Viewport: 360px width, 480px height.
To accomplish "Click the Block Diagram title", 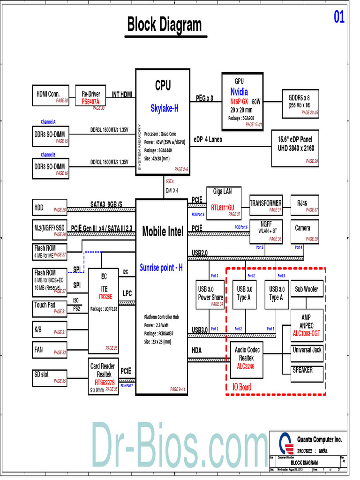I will click(x=164, y=25).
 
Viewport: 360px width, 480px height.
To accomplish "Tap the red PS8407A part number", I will click(x=94, y=102).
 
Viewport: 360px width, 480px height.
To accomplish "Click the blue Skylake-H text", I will click(x=164, y=109).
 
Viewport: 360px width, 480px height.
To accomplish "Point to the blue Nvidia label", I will click(x=239, y=92).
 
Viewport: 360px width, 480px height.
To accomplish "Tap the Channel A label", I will click(x=48, y=122).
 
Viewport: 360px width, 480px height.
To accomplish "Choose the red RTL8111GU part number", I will click(x=222, y=207).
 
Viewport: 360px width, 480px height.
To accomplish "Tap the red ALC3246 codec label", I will click(x=246, y=367).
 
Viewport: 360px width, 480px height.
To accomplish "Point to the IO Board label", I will click(x=241, y=387).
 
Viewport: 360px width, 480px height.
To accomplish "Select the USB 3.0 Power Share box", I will click(x=210, y=294).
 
